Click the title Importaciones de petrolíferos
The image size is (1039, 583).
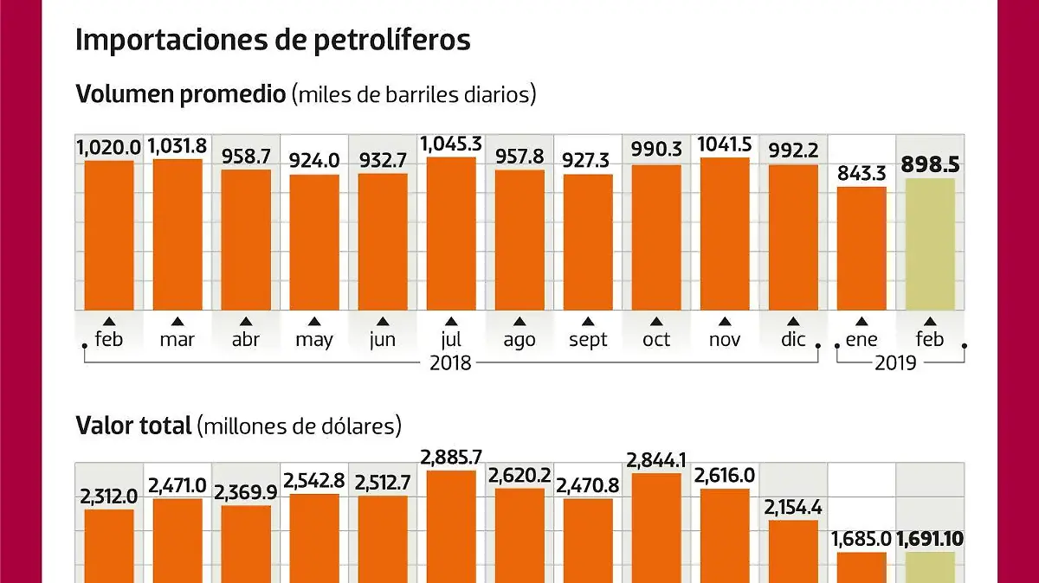(x=273, y=40)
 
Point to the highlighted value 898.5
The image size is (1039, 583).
(x=930, y=164)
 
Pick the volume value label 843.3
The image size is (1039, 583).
(x=862, y=173)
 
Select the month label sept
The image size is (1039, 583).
(x=588, y=339)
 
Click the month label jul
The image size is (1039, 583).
(x=451, y=339)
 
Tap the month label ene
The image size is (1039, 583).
(x=862, y=339)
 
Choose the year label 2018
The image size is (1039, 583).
(x=451, y=362)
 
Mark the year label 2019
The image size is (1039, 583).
(x=895, y=362)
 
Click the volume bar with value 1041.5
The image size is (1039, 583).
(x=725, y=234)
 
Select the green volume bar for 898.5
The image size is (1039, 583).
(x=930, y=244)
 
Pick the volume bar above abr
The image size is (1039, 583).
(x=246, y=240)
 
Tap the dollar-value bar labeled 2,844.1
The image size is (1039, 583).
(x=656, y=528)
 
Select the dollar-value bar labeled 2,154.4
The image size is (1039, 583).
(x=793, y=551)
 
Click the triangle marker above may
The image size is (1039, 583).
(x=314, y=321)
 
